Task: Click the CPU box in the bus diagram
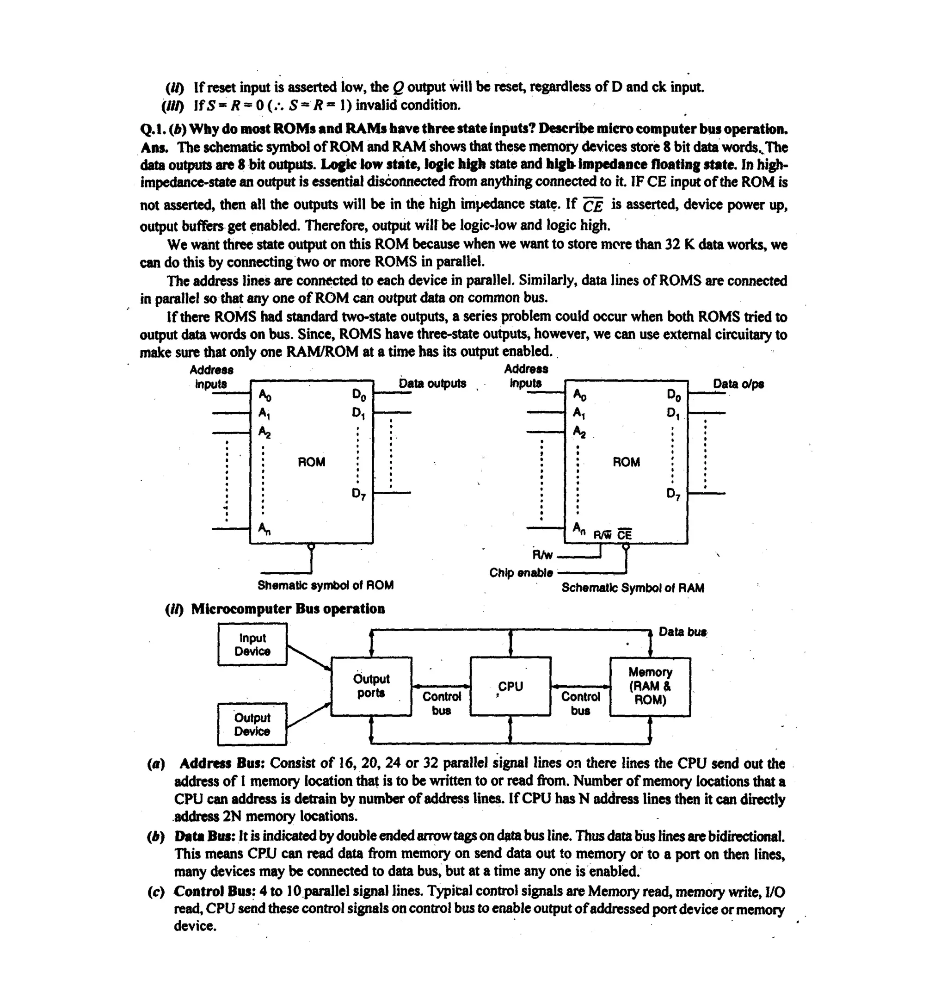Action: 510,686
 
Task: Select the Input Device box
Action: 252,645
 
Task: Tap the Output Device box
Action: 252,724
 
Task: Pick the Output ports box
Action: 371,686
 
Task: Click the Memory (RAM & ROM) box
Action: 650,686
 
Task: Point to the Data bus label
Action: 682,632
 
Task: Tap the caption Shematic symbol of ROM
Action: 326,585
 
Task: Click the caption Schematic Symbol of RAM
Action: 633,588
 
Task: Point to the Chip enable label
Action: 521,573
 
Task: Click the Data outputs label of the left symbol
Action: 433,383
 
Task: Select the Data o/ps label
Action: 738,384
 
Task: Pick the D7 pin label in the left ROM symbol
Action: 359,494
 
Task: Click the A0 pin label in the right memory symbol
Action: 579,394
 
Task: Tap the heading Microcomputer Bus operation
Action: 288,608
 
